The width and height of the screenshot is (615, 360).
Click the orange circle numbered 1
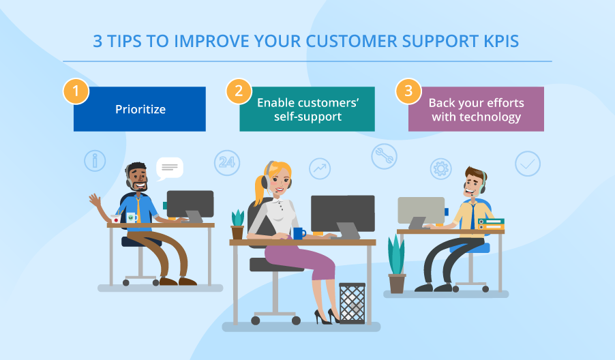(76, 91)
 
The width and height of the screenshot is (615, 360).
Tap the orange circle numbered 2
(238, 91)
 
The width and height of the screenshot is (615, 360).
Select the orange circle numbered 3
(408, 91)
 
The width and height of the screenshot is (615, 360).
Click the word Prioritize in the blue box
(140, 109)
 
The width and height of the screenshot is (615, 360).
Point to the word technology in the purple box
(490, 117)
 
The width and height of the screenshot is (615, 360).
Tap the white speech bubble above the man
(169, 168)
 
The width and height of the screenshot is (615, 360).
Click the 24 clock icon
(227, 162)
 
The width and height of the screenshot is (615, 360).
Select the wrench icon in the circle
(384, 157)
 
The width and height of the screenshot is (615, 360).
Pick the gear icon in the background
(441, 168)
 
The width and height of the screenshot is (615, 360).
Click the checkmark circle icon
(527, 164)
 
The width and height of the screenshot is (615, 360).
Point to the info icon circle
(95, 161)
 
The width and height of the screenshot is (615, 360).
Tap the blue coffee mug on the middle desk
(299, 232)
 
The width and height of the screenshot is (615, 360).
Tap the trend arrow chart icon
(319, 168)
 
